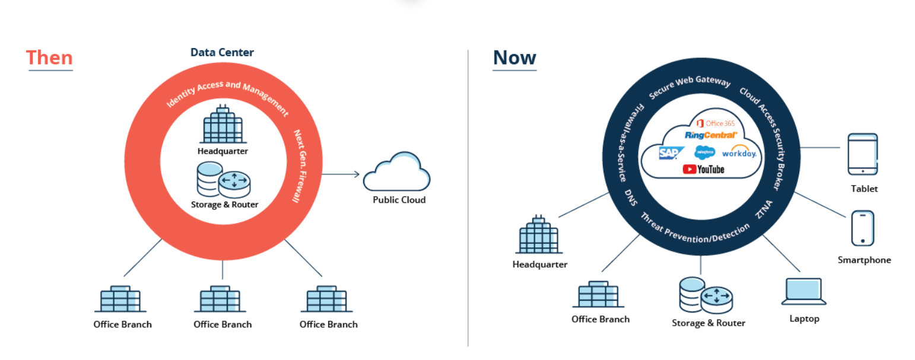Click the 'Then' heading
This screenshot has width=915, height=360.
[49, 58]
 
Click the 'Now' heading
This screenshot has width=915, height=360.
[514, 58]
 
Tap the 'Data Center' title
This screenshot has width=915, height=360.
[222, 52]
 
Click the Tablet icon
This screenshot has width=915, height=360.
[863, 154]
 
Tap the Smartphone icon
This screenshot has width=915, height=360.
[863, 228]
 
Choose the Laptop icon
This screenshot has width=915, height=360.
[804, 291]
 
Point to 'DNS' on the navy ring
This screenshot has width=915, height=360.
[631, 198]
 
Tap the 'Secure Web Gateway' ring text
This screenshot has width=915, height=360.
[690, 88]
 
